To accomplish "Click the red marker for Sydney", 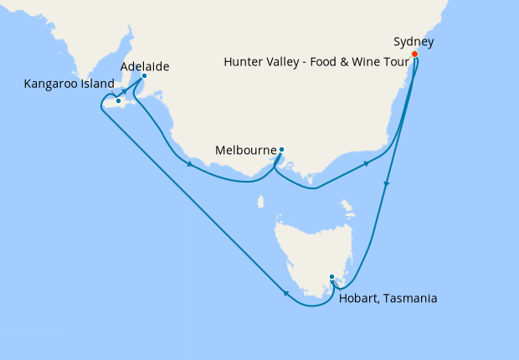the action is pyautogui.click(x=415, y=54).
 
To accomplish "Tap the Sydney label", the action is pyautogui.click(x=414, y=42).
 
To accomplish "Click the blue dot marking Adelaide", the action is pyautogui.click(x=144, y=76).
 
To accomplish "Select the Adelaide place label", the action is pyautogui.click(x=143, y=65).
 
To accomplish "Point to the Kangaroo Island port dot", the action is pyautogui.click(x=119, y=101).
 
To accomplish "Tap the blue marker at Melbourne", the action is pyautogui.click(x=282, y=151).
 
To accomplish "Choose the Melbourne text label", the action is pyautogui.click(x=245, y=151).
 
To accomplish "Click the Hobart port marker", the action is pyautogui.click(x=331, y=277).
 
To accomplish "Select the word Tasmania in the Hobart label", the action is pyautogui.click(x=409, y=298).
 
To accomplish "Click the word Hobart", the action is pyautogui.click(x=357, y=298).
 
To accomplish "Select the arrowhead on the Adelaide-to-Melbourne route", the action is pyautogui.click(x=192, y=164).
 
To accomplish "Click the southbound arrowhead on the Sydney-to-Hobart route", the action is pyautogui.click(x=387, y=186).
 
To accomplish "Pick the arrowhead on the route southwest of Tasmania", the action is pyautogui.click(x=287, y=293).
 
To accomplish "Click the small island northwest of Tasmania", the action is pyautogui.click(x=261, y=202).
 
